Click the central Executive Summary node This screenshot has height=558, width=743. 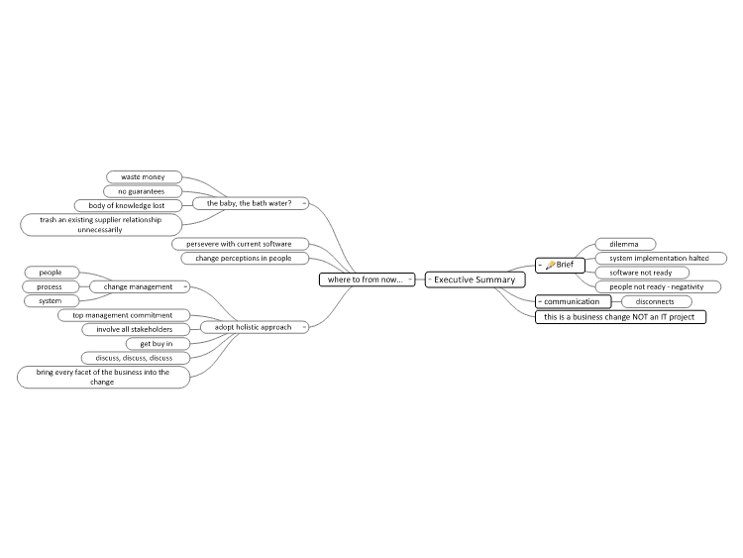pyautogui.click(x=476, y=279)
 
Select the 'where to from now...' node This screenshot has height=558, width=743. pyautogui.click(x=368, y=279)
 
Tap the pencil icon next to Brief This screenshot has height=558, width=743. pyautogui.click(x=550, y=265)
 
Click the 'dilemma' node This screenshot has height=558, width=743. pyautogui.click(x=625, y=244)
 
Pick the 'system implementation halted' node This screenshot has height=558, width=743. pyautogui.click(x=661, y=259)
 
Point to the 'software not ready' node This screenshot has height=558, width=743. pyautogui.click(x=642, y=273)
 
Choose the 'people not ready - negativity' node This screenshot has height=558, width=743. pyautogui.click(x=658, y=286)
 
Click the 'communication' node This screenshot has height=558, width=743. pyautogui.click(x=574, y=301)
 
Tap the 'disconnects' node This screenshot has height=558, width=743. pyautogui.click(x=656, y=301)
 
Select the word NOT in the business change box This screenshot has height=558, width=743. pyautogui.click(x=641, y=317)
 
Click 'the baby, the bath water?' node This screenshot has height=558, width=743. pyautogui.click(x=251, y=203)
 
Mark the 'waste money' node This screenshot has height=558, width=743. pyautogui.click(x=144, y=176)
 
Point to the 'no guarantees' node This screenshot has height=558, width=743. pyautogui.click(x=143, y=191)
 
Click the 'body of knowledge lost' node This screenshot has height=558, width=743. pyautogui.click(x=128, y=206)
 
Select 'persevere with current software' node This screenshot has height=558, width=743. pyautogui.click(x=241, y=244)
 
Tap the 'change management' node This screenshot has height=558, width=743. pyautogui.click(x=140, y=286)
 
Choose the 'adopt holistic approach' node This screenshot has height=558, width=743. pyautogui.click(x=255, y=327)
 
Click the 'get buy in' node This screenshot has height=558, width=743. pyautogui.click(x=158, y=344)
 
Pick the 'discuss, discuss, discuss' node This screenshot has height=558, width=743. pyautogui.click(x=136, y=358)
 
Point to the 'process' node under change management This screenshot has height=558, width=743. pyautogui.click(x=51, y=286)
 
